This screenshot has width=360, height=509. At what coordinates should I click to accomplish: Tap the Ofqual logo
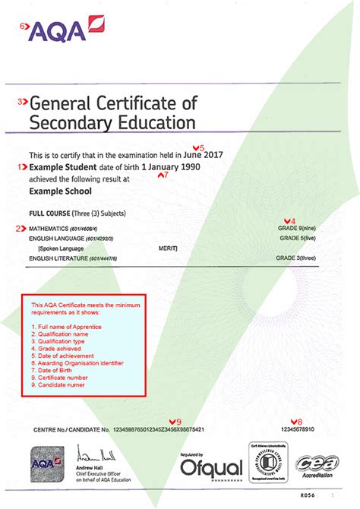[201, 463]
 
